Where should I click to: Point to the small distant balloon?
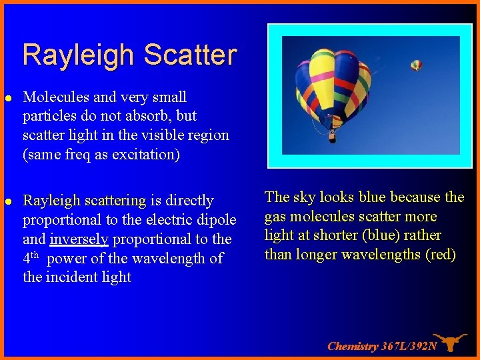click(x=416, y=65)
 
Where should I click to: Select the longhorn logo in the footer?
click(x=450, y=342)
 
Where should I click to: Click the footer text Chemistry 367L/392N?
click(x=382, y=346)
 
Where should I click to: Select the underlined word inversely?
click(x=79, y=239)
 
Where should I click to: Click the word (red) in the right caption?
click(x=440, y=255)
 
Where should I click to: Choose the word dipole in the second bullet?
click(x=216, y=220)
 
